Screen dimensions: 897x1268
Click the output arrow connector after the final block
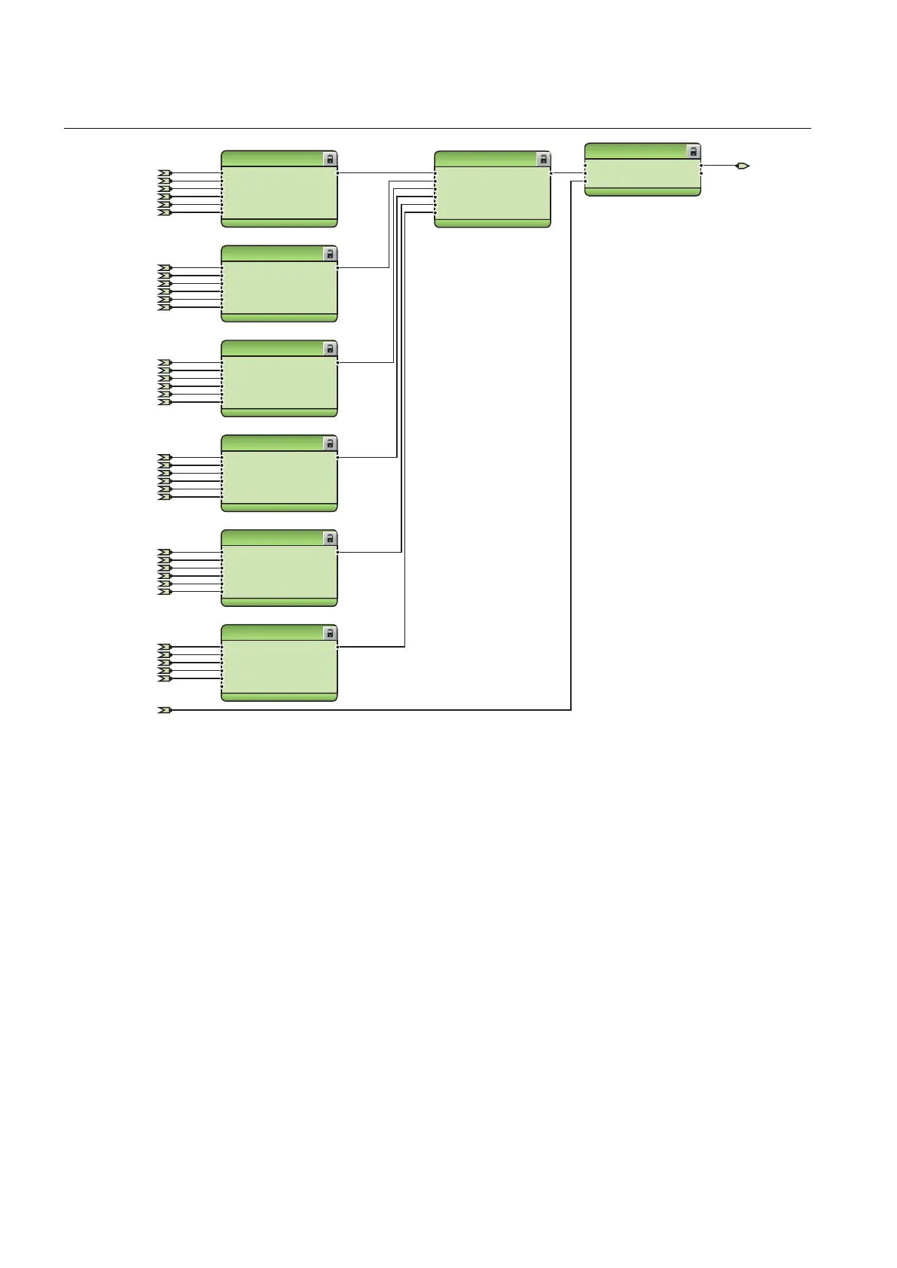(743, 166)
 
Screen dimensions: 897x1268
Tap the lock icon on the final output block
(693, 151)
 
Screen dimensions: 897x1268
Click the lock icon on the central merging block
(543, 159)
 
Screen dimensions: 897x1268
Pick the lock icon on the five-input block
(330, 633)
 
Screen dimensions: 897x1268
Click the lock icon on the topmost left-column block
(330, 159)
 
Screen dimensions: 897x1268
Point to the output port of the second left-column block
(337, 267)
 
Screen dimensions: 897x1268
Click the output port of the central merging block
(551, 173)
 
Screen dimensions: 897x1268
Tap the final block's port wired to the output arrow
(701, 166)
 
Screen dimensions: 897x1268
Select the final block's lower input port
(585, 181)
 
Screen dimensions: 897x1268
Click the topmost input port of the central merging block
(435, 173)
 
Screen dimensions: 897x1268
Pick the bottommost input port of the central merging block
(435, 212)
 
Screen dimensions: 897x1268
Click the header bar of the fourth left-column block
(271, 443)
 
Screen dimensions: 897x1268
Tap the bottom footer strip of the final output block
(642, 192)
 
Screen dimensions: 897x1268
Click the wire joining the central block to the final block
(568, 173)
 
